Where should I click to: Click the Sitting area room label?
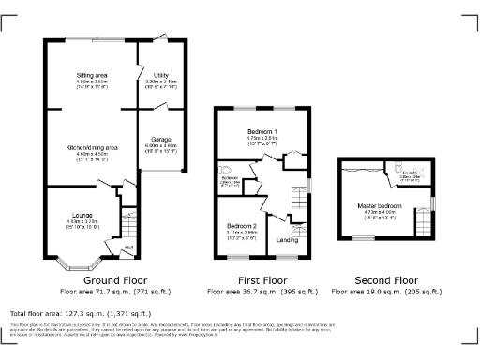92,75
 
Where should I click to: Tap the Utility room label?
155,75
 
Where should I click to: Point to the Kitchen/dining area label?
92,148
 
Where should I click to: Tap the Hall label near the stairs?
128,247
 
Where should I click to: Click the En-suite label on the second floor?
409,172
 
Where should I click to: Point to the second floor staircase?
423,223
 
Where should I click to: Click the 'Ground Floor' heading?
115,280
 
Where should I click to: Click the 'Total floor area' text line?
80,313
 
